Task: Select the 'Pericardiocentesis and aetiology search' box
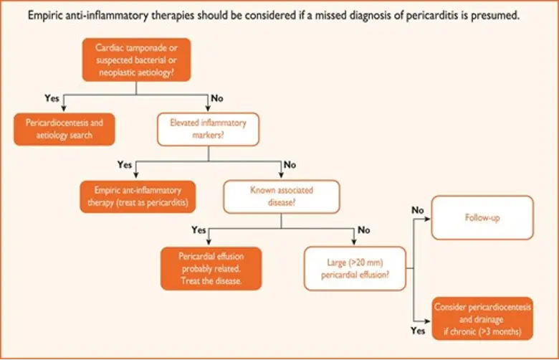pyautogui.click(x=64, y=129)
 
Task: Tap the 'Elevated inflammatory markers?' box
pyautogui.click(x=207, y=129)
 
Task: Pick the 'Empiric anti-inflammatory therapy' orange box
pyautogui.click(x=138, y=195)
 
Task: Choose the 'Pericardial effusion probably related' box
pyautogui.click(x=210, y=268)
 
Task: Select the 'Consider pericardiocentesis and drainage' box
pyautogui.click(x=482, y=318)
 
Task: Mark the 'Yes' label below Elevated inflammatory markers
pyautogui.click(x=125, y=165)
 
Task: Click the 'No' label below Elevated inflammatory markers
pyautogui.click(x=290, y=165)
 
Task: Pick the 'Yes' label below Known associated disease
pyautogui.click(x=199, y=231)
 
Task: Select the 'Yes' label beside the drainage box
pyautogui.click(x=419, y=331)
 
